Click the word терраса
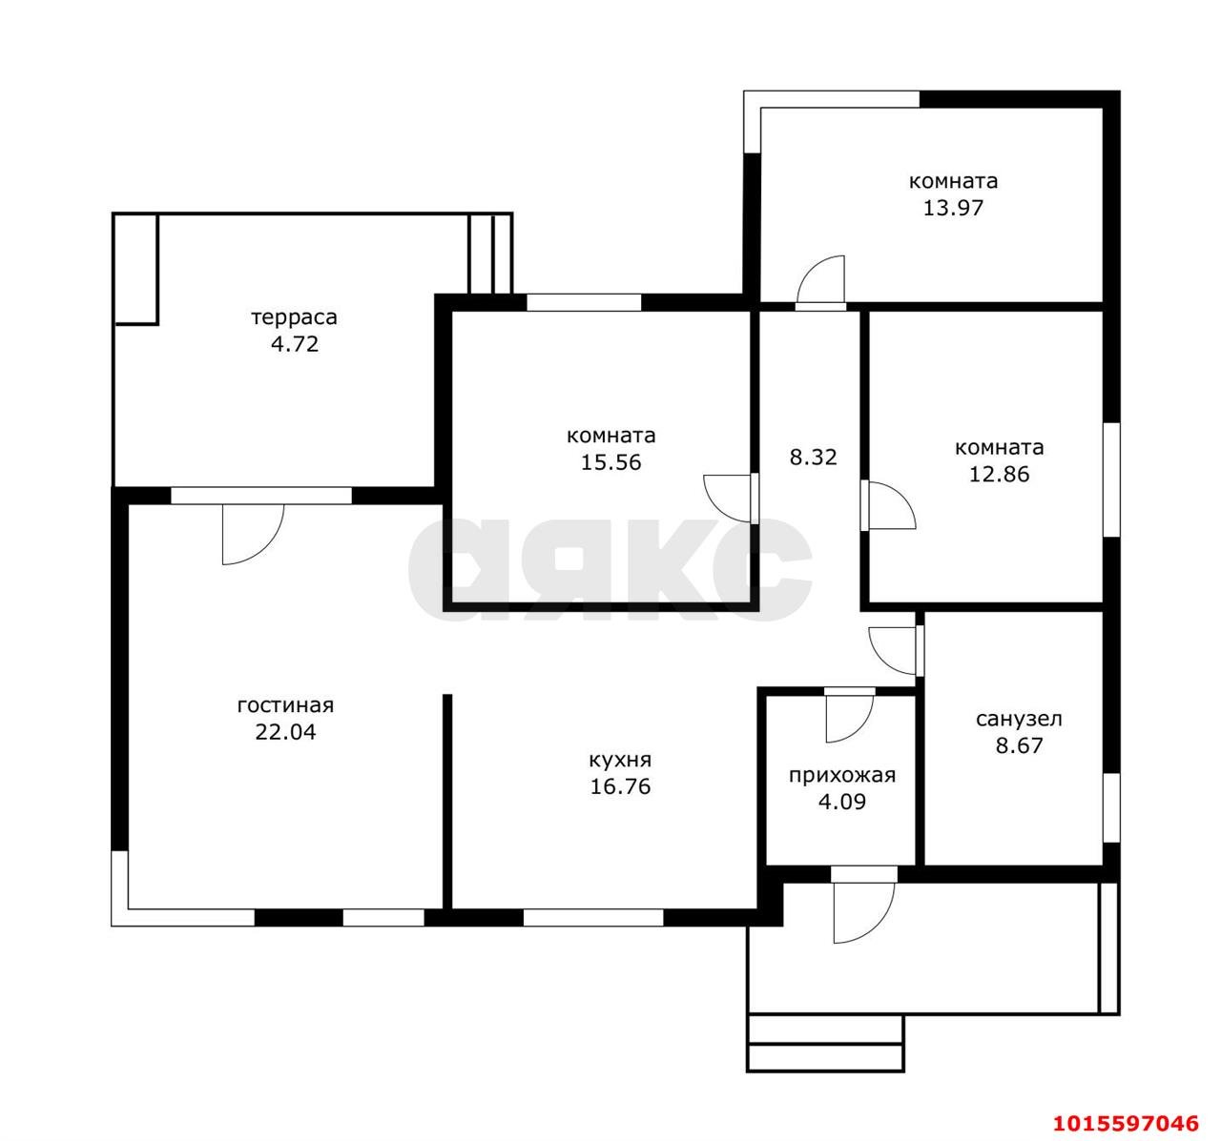[294, 318]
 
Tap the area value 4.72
[295, 344]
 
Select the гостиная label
[285, 705]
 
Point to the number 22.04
[285, 732]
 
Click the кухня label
[620, 761]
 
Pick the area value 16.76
[620, 786]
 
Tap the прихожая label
[841, 776]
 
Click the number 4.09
[841, 802]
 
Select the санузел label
[1019, 719]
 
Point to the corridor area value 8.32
[813, 458]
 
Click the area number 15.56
[610, 462]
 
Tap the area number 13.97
[953, 208]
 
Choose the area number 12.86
[999, 475]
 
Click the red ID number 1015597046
[1126, 1123]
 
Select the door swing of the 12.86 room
[903, 497]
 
